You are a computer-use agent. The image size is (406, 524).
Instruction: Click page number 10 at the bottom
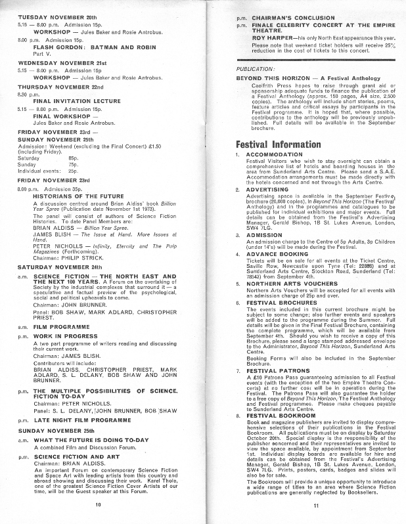98,504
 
